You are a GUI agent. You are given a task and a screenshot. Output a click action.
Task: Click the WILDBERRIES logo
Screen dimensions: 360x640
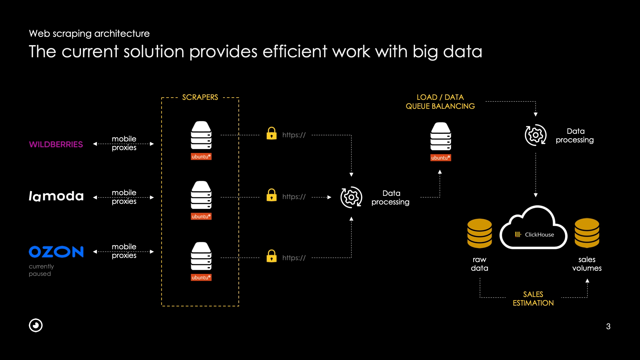click(x=56, y=144)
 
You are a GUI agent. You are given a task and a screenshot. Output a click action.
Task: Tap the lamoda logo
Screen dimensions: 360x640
click(x=56, y=196)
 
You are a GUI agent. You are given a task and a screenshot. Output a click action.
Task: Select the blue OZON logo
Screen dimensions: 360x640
click(x=56, y=252)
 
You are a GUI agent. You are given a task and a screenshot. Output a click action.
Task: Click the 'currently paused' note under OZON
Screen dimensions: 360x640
click(x=41, y=270)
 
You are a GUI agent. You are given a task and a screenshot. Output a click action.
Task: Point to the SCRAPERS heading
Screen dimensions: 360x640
click(x=200, y=97)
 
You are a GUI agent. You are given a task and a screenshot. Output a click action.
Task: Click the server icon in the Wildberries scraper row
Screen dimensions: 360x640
click(x=201, y=135)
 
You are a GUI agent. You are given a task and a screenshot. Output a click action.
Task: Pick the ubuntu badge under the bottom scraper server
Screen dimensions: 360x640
click(x=201, y=277)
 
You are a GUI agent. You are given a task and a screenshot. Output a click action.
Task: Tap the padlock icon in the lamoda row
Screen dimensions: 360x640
click(x=272, y=195)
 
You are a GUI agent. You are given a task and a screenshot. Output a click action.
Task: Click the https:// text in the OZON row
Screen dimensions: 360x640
click(x=294, y=258)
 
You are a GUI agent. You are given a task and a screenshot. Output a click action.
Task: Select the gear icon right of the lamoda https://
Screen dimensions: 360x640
click(x=351, y=197)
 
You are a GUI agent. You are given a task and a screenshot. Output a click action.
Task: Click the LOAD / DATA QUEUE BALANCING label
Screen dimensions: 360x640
click(x=440, y=102)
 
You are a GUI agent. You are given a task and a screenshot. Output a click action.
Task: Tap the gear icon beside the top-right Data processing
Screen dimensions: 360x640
click(x=535, y=135)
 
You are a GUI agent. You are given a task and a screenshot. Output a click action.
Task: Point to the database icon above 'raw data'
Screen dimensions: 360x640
click(x=479, y=233)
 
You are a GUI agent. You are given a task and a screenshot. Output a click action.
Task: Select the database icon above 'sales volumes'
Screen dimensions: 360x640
click(x=587, y=233)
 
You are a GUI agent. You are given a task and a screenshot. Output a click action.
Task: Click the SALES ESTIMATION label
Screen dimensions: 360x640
click(x=533, y=299)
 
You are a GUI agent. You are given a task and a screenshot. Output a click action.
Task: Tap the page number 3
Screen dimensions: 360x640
click(x=608, y=326)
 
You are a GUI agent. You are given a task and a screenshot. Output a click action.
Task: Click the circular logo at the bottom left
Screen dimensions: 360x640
click(x=36, y=325)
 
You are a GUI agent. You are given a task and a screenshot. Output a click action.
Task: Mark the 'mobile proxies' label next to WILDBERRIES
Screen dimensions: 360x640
click(x=124, y=143)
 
